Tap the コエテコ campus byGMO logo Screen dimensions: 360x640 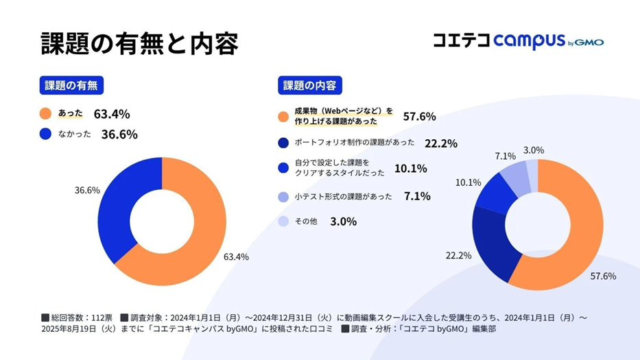[x=518, y=41]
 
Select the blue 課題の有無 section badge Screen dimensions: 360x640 [x=71, y=86]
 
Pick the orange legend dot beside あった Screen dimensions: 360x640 [x=46, y=114]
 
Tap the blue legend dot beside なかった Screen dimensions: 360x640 [x=46, y=134]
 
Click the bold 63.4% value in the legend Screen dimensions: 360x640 [x=112, y=114]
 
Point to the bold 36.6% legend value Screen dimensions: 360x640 [x=119, y=134]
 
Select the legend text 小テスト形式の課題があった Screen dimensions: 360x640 [x=343, y=197]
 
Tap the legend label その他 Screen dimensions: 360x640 [x=305, y=221]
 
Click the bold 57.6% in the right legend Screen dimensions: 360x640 [x=419, y=117]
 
